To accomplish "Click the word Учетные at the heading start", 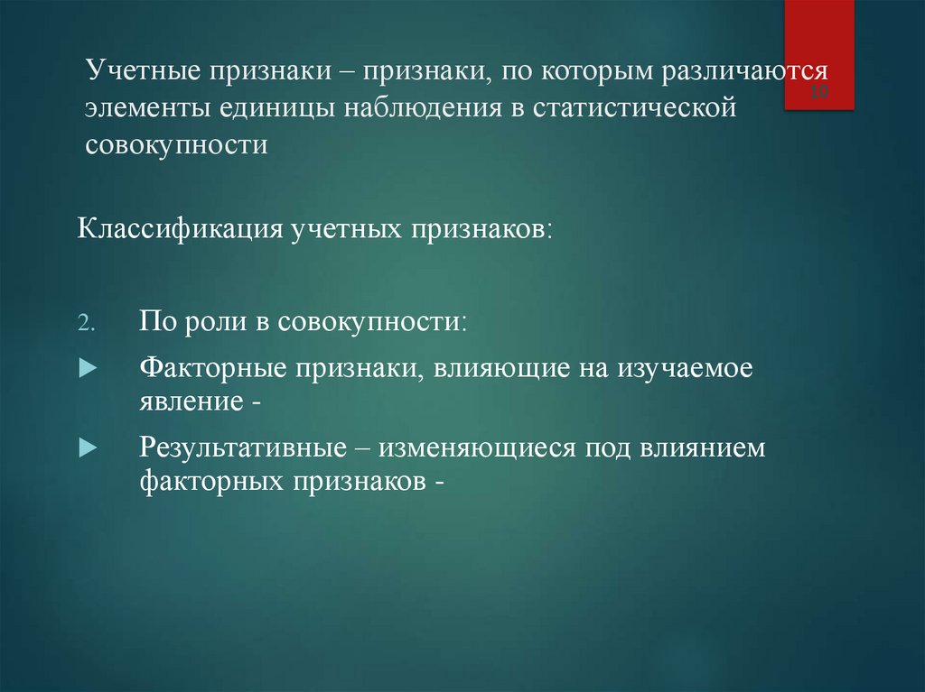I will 143,71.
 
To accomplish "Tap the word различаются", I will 746,71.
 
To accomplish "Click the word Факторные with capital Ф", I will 205,371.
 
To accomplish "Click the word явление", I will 190,402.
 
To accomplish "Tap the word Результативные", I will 244,448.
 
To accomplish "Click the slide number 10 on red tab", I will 820,93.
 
